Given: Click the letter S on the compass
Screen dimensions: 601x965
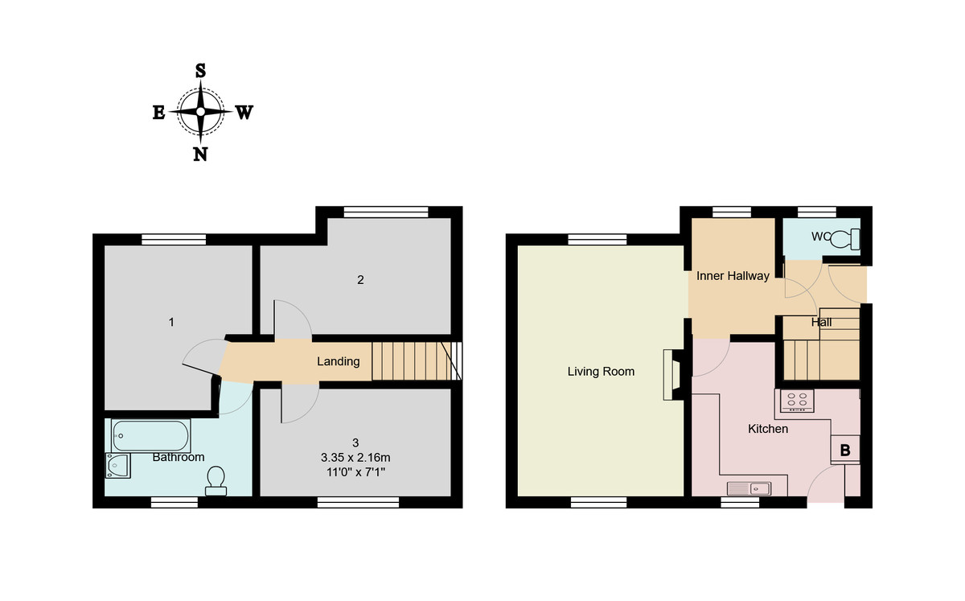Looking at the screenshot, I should (x=200, y=70).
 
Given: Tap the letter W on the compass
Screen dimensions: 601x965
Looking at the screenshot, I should (x=244, y=113).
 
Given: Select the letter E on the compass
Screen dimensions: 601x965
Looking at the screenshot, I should (x=158, y=113).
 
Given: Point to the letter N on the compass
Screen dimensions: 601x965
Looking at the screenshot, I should (x=200, y=154).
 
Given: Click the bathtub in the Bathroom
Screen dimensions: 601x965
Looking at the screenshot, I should (x=151, y=436).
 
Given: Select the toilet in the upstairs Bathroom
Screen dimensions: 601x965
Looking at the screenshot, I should (x=216, y=480).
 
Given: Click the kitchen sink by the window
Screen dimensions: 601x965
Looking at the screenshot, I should (x=749, y=488).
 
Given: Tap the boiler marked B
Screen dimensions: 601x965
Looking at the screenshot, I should (x=845, y=450).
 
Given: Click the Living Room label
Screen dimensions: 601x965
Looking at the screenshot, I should (x=601, y=372).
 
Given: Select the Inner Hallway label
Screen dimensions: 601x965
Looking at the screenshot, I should (x=733, y=276).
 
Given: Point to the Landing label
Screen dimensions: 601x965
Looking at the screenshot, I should (x=338, y=361).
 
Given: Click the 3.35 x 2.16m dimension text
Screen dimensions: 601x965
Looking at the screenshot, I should (x=355, y=456).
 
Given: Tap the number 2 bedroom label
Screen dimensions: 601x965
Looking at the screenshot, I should (x=361, y=280).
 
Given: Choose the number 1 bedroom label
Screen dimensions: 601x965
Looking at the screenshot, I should (x=171, y=322).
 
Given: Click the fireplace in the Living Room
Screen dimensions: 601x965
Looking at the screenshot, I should (x=671, y=374).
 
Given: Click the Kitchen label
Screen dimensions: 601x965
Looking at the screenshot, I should (x=768, y=429).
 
